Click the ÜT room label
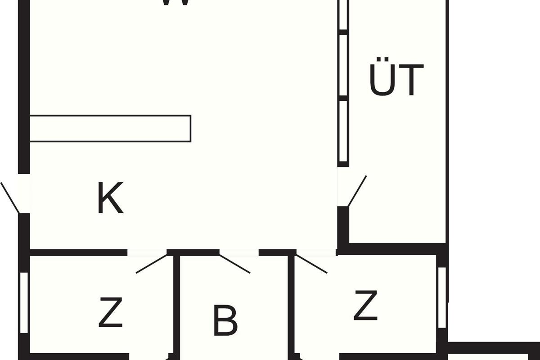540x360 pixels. pos(396,80)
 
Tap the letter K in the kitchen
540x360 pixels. pos(110,198)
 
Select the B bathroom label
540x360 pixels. pos(225,320)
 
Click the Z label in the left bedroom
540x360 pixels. pos(111,313)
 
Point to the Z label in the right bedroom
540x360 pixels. pos(365,306)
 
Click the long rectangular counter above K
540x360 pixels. pos(110,129)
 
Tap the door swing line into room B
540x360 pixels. pos(234,264)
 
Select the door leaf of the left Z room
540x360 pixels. pos(152,264)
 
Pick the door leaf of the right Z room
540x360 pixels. pos(311,264)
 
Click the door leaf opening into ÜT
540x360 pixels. pos(357,191)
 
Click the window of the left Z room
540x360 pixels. pos(24,302)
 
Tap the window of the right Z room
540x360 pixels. pos(442,297)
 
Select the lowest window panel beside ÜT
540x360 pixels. pos(343,131)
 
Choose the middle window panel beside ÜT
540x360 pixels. pos(343,65)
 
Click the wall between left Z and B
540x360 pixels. pos(177,306)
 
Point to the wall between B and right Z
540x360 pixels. pos(292,306)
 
